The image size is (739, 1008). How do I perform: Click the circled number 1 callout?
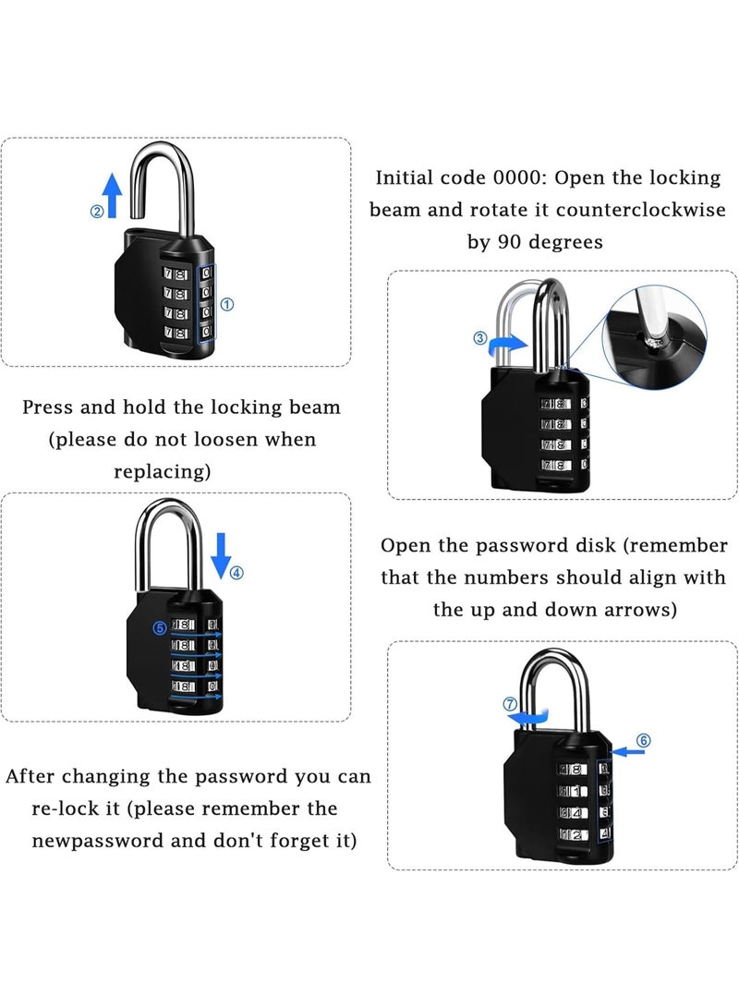(228, 303)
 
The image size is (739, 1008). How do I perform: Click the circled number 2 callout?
(96, 211)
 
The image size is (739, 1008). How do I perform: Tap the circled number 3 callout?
(480, 338)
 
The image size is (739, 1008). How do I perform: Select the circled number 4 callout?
(236, 572)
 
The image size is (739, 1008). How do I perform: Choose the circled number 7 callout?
(509, 704)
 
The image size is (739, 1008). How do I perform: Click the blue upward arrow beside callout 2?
(113, 196)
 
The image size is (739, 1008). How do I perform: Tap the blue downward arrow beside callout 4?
(220, 553)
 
